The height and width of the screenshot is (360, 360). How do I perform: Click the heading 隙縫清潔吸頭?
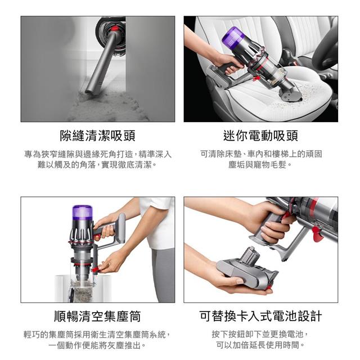(97, 136)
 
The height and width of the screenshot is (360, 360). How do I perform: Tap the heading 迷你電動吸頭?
(260, 136)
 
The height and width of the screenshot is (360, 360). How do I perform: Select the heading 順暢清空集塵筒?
(97, 316)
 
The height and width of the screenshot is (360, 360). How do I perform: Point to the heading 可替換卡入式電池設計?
(260, 316)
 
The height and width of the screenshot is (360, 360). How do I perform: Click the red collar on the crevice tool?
(115, 29)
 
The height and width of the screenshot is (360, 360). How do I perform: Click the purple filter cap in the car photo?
(231, 36)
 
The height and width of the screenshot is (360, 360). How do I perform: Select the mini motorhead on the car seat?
(290, 94)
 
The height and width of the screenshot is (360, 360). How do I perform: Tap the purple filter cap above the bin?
(83, 213)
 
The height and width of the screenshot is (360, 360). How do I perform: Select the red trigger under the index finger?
(286, 217)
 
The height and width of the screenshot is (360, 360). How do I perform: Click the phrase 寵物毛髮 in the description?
(270, 165)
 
